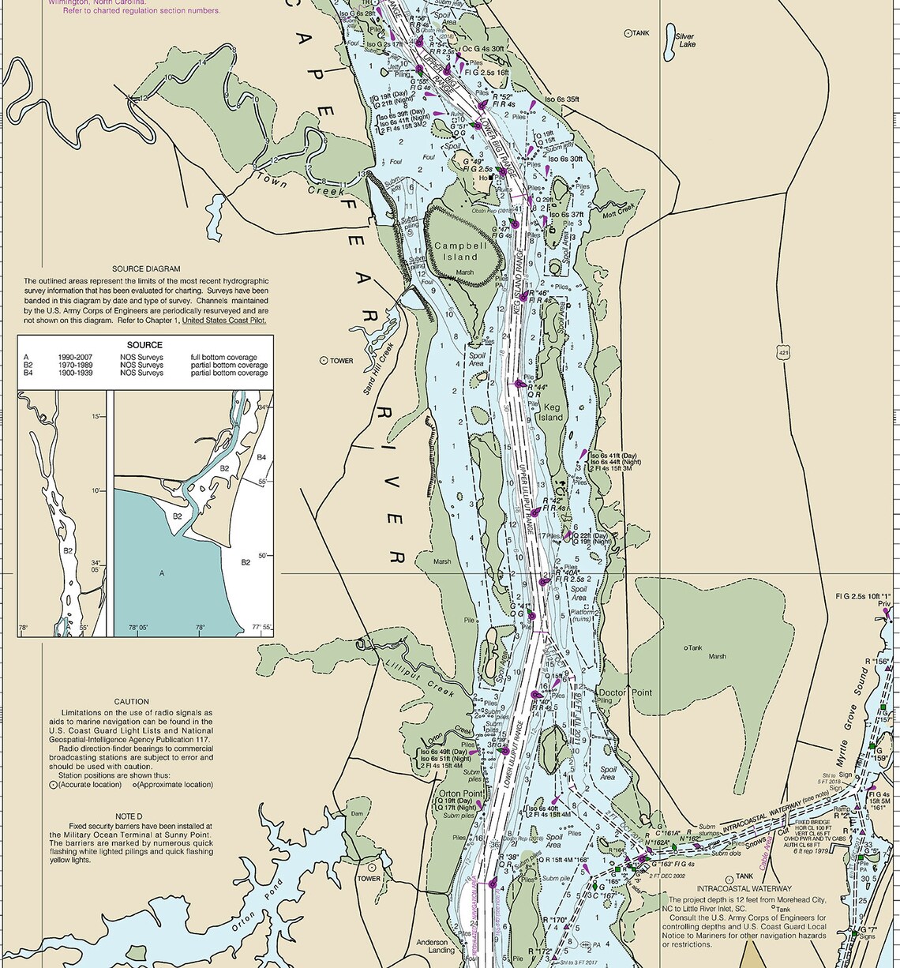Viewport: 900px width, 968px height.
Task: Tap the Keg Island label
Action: (551, 412)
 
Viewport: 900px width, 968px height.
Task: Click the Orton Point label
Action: (461, 794)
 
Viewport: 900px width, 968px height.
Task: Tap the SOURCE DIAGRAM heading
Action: (146, 268)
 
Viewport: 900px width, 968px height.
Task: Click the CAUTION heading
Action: (131, 701)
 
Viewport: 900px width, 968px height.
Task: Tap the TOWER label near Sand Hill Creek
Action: (341, 361)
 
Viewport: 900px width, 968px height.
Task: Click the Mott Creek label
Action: (618, 212)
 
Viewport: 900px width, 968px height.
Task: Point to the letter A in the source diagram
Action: (162, 573)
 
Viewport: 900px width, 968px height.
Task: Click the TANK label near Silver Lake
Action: (640, 33)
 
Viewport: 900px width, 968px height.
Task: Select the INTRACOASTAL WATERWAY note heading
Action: (733, 889)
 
